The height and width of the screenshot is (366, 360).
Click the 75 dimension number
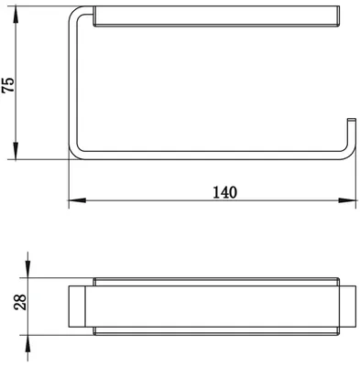[8, 85]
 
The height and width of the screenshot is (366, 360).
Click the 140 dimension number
[224, 192]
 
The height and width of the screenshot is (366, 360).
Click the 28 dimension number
[20, 303]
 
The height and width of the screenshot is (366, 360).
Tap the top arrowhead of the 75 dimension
[16, 15]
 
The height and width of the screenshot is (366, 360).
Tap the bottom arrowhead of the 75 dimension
[16, 151]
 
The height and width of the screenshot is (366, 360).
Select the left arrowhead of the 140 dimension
[77, 200]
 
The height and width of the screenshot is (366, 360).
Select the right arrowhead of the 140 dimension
[347, 200]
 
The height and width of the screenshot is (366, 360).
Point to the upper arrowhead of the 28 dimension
[27, 269]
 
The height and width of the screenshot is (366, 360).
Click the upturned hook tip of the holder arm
[352, 119]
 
